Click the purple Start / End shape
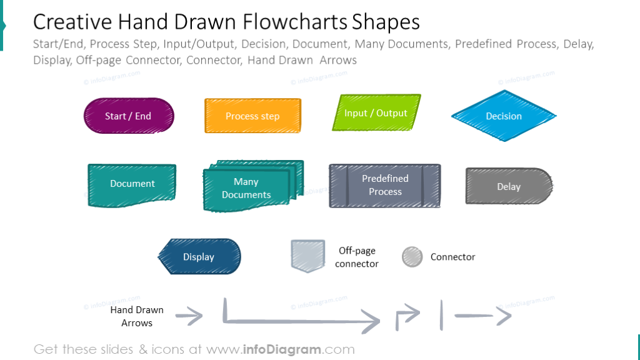click(128, 116)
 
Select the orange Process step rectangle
click(252, 116)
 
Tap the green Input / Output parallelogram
click(376, 113)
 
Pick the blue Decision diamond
click(504, 116)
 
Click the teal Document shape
click(132, 184)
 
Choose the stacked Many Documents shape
click(250, 187)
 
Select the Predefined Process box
click(385, 186)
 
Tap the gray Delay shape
click(508, 186)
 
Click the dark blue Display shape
click(199, 257)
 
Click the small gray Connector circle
click(412, 257)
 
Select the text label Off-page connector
click(357, 257)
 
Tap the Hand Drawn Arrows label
click(137, 316)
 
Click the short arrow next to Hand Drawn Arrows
click(189, 317)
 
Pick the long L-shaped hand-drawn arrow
click(300, 321)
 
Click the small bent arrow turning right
click(407, 317)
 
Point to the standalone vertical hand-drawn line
click(441, 315)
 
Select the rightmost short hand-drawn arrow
click(482, 316)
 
